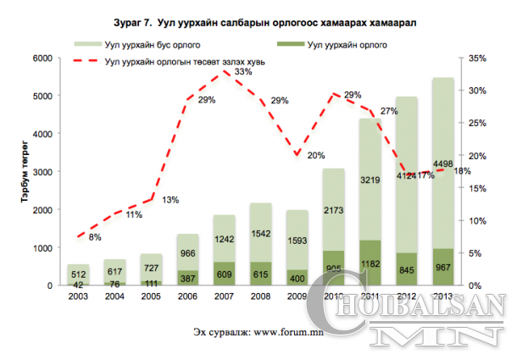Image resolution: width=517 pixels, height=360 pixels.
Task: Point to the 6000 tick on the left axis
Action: click(42, 58)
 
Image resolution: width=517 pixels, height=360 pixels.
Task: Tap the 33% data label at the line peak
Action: click(243, 72)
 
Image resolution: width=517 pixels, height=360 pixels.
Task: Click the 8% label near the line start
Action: click(94, 237)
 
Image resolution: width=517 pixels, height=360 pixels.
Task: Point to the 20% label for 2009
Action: click(316, 155)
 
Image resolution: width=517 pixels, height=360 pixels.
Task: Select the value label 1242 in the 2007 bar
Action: click(223, 240)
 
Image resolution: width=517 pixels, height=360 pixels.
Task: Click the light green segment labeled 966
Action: click(187, 252)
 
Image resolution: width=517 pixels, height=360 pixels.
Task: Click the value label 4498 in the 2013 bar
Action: click(442, 164)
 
